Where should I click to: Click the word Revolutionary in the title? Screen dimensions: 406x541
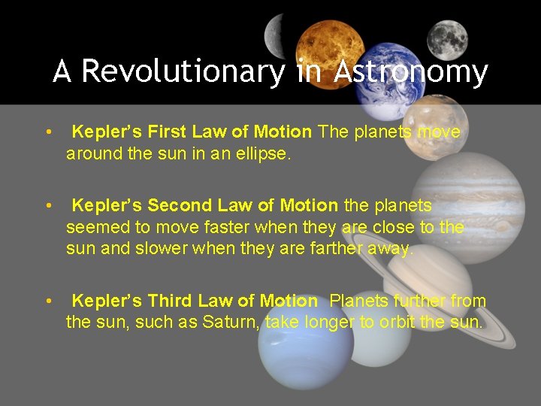coord(183,72)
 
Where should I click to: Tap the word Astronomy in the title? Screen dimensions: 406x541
coord(411,72)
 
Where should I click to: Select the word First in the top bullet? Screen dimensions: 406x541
coord(168,132)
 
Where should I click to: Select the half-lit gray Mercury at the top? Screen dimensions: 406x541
coord(276,32)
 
